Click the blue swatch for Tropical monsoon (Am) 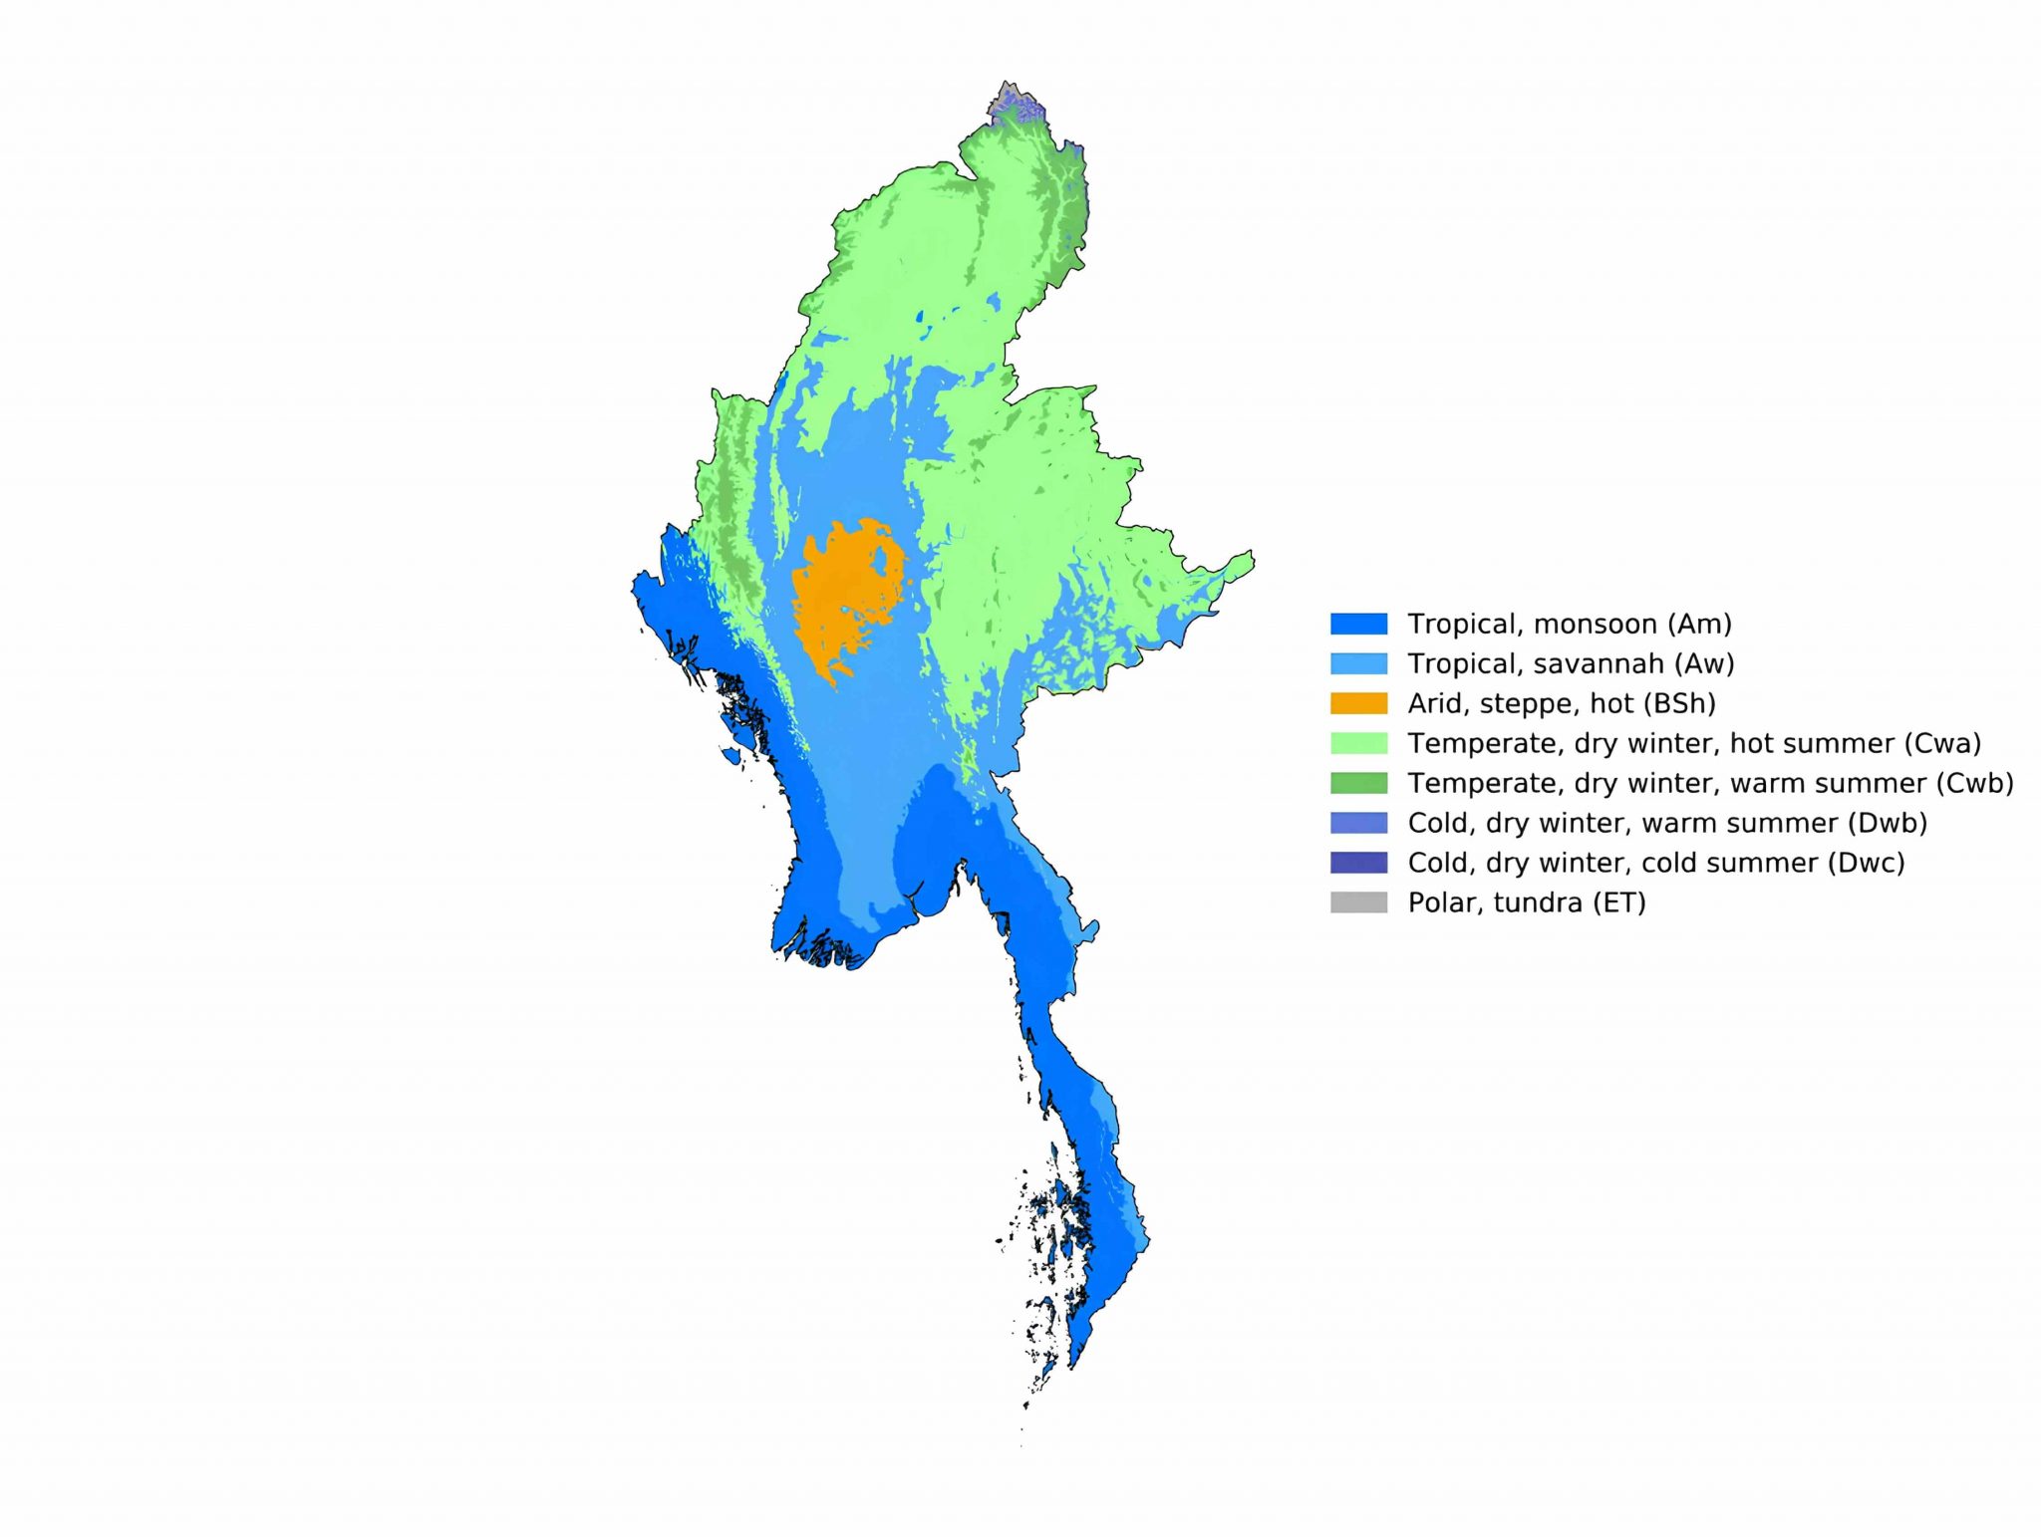pyautogui.click(x=1358, y=624)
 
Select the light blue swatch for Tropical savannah pyautogui.click(x=1358, y=663)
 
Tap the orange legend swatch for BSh pyautogui.click(x=1358, y=703)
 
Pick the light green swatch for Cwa pyautogui.click(x=1358, y=743)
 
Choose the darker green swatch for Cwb pyautogui.click(x=1358, y=783)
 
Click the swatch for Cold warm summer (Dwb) pyautogui.click(x=1358, y=823)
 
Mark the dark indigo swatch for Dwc pyautogui.click(x=1358, y=863)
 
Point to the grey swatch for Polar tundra pyautogui.click(x=1358, y=902)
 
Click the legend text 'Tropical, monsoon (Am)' pyautogui.click(x=1569, y=625)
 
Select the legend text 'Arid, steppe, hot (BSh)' pyautogui.click(x=1561, y=704)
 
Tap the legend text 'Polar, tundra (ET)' pyautogui.click(x=1526, y=903)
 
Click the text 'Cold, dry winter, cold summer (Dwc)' pyautogui.click(x=1655, y=864)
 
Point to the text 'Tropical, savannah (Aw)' pyautogui.click(x=1571, y=664)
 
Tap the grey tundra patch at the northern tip pyautogui.click(x=1008, y=100)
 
